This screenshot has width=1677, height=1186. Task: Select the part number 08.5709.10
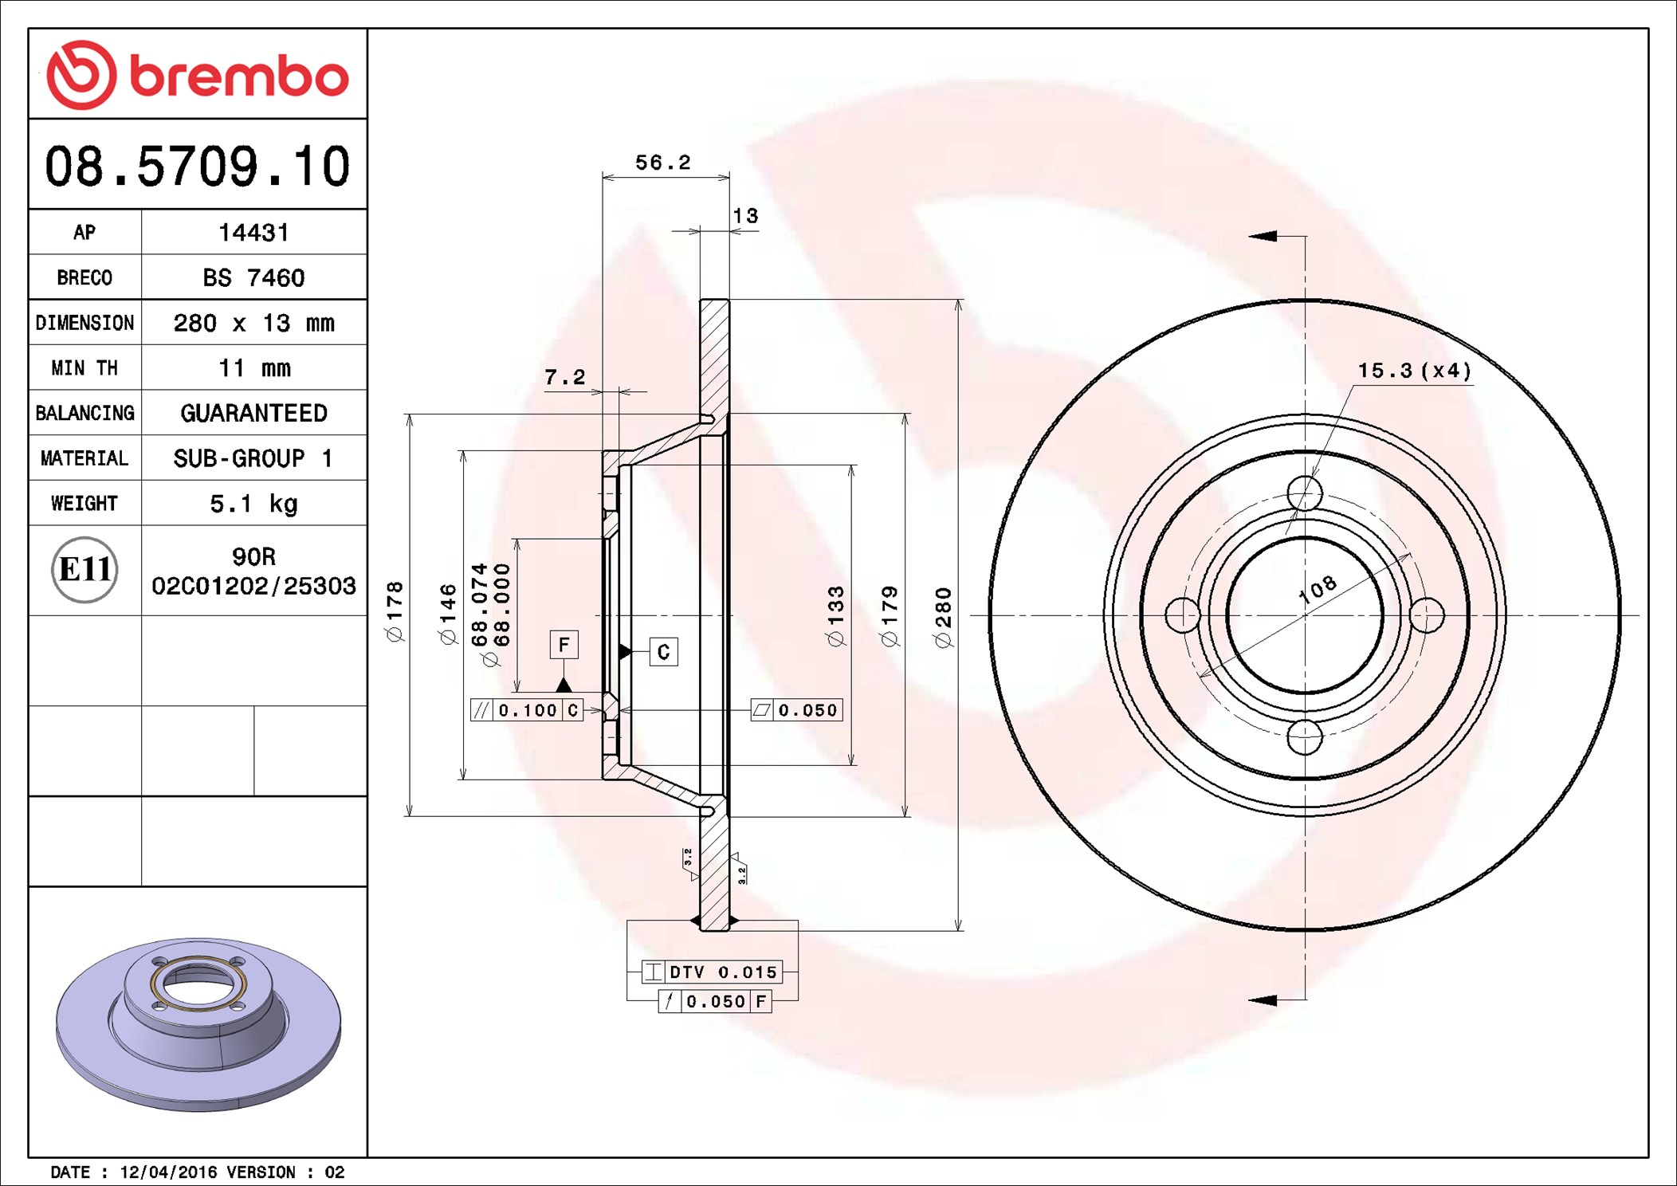(198, 167)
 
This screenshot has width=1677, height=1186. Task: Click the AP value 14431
(253, 233)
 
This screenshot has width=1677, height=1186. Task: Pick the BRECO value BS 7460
(253, 277)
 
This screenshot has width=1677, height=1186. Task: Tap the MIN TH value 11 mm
(254, 368)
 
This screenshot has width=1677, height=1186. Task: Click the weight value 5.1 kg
(253, 504)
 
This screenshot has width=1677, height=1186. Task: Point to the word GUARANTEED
(253, 413)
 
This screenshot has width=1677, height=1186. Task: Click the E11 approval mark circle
(84, 570)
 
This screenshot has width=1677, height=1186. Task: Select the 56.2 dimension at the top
(662, 163)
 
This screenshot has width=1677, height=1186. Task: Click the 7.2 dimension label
(564, 377)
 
